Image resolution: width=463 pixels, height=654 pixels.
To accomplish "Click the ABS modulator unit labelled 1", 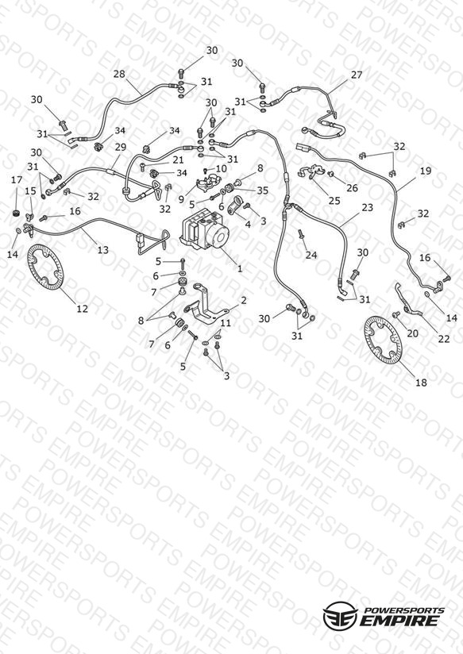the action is (205, 230).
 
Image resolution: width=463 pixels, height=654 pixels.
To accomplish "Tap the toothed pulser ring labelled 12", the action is (44, 267).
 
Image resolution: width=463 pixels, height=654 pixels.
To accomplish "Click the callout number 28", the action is (119, 74).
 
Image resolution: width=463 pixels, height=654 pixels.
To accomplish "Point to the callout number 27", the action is (357, 75).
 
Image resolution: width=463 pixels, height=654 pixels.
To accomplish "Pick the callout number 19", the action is (426, 171).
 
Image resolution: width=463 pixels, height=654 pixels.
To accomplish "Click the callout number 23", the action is (367, 207).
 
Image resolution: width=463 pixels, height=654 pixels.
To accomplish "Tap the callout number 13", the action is (102, 249).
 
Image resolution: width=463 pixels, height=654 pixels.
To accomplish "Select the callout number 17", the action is (17, 179).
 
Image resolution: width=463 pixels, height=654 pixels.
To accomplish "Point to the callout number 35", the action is (262, 190).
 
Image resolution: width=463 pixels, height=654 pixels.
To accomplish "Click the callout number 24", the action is (311, 255).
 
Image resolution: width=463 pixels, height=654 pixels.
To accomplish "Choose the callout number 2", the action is (243, 300).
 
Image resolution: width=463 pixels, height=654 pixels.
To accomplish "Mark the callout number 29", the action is (120, 147).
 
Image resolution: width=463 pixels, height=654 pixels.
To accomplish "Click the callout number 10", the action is (222, 169).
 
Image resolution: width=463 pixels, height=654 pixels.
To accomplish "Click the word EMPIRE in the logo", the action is (400, 620).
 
